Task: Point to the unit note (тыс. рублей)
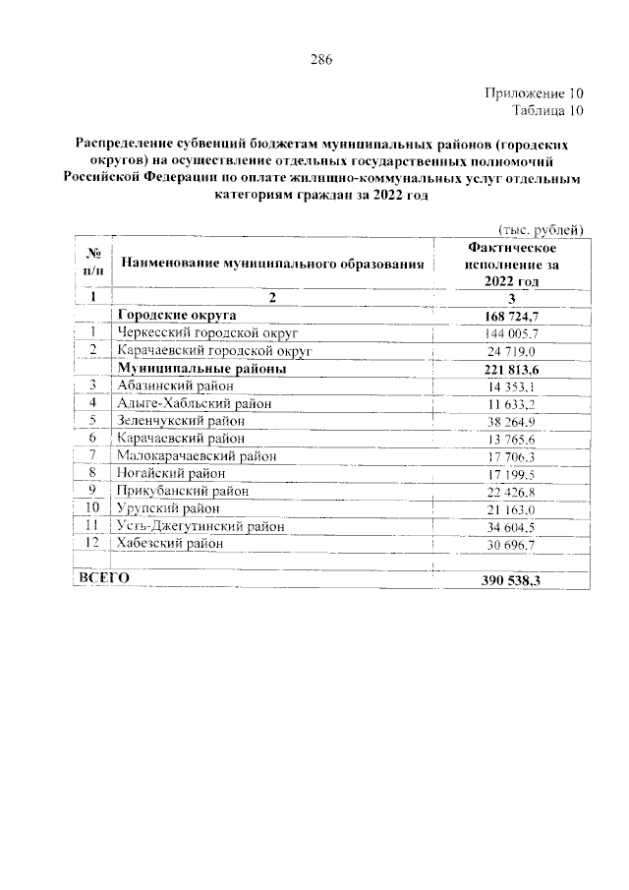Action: [x=543, y=228]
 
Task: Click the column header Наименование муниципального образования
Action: [x=274, y=264]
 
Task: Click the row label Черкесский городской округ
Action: [x=200, y=332]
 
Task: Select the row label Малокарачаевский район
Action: [x=197, y=455]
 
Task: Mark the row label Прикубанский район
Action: [x=181, y=491]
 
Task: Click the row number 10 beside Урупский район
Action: [x=93, y=508]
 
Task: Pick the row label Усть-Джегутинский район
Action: [x=200, y=526]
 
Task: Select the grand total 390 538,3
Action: [x=512, y=579]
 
